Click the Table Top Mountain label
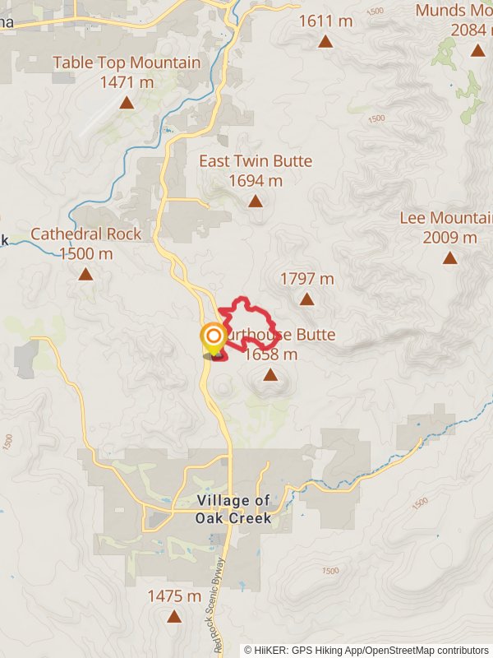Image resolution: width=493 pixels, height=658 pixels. (127, 72)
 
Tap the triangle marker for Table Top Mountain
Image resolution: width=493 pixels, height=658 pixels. (127, 103)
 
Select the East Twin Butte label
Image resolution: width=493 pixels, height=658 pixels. (256, 170)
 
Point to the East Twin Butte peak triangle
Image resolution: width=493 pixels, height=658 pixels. (256, 201)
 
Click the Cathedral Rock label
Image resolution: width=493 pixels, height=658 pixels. (85, 243)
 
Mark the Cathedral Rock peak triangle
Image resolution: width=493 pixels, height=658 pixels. (85, 274)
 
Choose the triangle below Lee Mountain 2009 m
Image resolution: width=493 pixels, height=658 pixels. (449, 258)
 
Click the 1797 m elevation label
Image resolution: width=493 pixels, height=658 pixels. (306, 279)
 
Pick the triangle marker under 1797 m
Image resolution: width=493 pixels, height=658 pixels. (306, 299)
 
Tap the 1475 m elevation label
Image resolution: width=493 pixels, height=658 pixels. (173, 595)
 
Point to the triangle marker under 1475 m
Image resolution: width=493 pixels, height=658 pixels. (173, 616)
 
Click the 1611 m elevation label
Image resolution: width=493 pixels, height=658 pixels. (325, 21)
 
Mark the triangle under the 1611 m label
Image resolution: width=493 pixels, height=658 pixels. (325, 41)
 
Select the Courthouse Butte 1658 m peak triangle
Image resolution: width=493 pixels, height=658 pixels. (270, 375)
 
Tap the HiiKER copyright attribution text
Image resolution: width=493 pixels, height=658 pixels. (366, 650)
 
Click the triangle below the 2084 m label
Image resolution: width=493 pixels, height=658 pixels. (477, 50)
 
